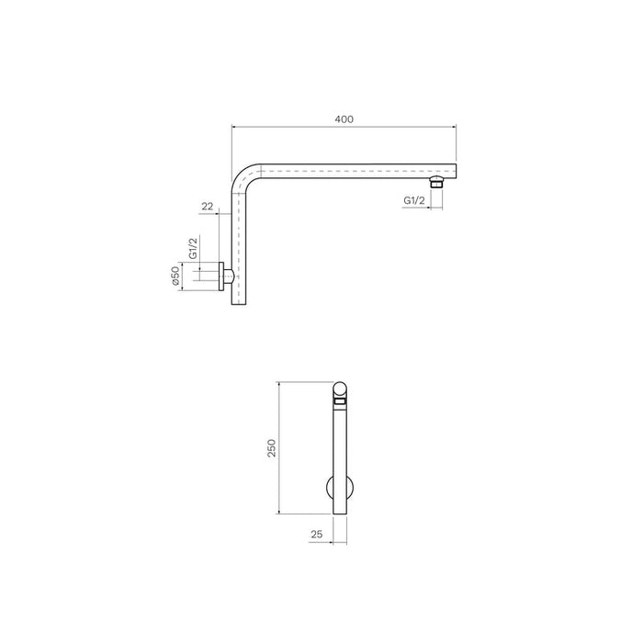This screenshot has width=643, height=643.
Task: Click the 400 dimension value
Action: [344, 118]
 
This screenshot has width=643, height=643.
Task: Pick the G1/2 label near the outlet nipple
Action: [414, 200]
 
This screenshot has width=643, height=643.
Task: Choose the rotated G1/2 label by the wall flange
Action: [194, 250]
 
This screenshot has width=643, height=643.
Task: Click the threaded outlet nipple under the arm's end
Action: [437, 184]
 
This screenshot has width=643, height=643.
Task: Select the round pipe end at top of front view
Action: [340, 389]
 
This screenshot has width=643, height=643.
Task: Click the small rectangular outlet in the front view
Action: [340, 402]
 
